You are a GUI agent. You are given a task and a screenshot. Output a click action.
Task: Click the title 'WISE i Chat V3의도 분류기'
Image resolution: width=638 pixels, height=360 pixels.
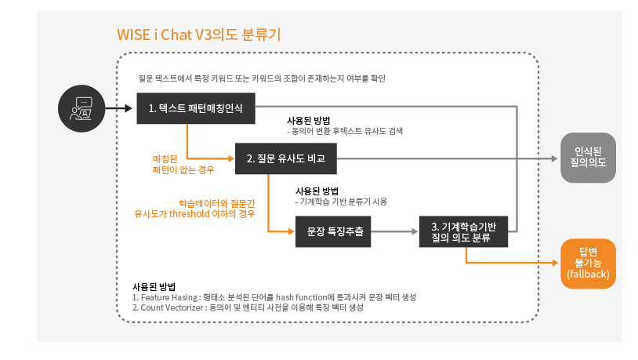pos(198,35)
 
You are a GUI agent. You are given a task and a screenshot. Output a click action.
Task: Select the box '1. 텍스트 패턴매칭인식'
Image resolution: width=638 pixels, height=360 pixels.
pos(195,108)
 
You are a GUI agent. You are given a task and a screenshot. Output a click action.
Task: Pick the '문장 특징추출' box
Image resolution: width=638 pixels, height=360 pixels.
pos(333,232)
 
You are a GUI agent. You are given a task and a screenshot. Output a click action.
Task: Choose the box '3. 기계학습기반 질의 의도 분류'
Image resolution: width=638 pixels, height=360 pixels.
pos(464,232)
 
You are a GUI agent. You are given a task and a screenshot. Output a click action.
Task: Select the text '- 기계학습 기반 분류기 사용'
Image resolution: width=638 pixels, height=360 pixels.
pos(342,202)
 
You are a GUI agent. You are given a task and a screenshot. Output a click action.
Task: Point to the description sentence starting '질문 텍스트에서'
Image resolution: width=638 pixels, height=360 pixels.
pos(261,78)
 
